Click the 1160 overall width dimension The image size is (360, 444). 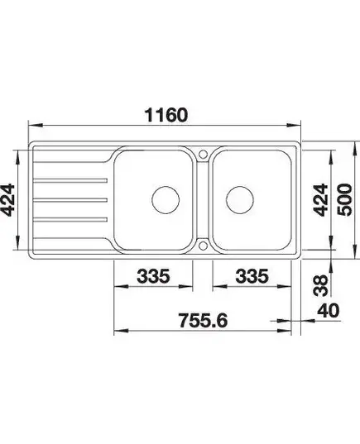coord(166,115)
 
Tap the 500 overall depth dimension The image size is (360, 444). coord(345,199)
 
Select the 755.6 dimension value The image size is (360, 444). coord(203,320)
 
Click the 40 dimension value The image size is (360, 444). coord(328,310)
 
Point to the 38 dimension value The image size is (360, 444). coord(321,285)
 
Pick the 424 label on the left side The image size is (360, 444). coord(7,200)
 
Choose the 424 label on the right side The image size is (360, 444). coord(320,200)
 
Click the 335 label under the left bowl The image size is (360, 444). coord(153,276)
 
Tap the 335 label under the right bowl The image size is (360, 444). coord(252,276)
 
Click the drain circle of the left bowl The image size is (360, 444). coord(166,199)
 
